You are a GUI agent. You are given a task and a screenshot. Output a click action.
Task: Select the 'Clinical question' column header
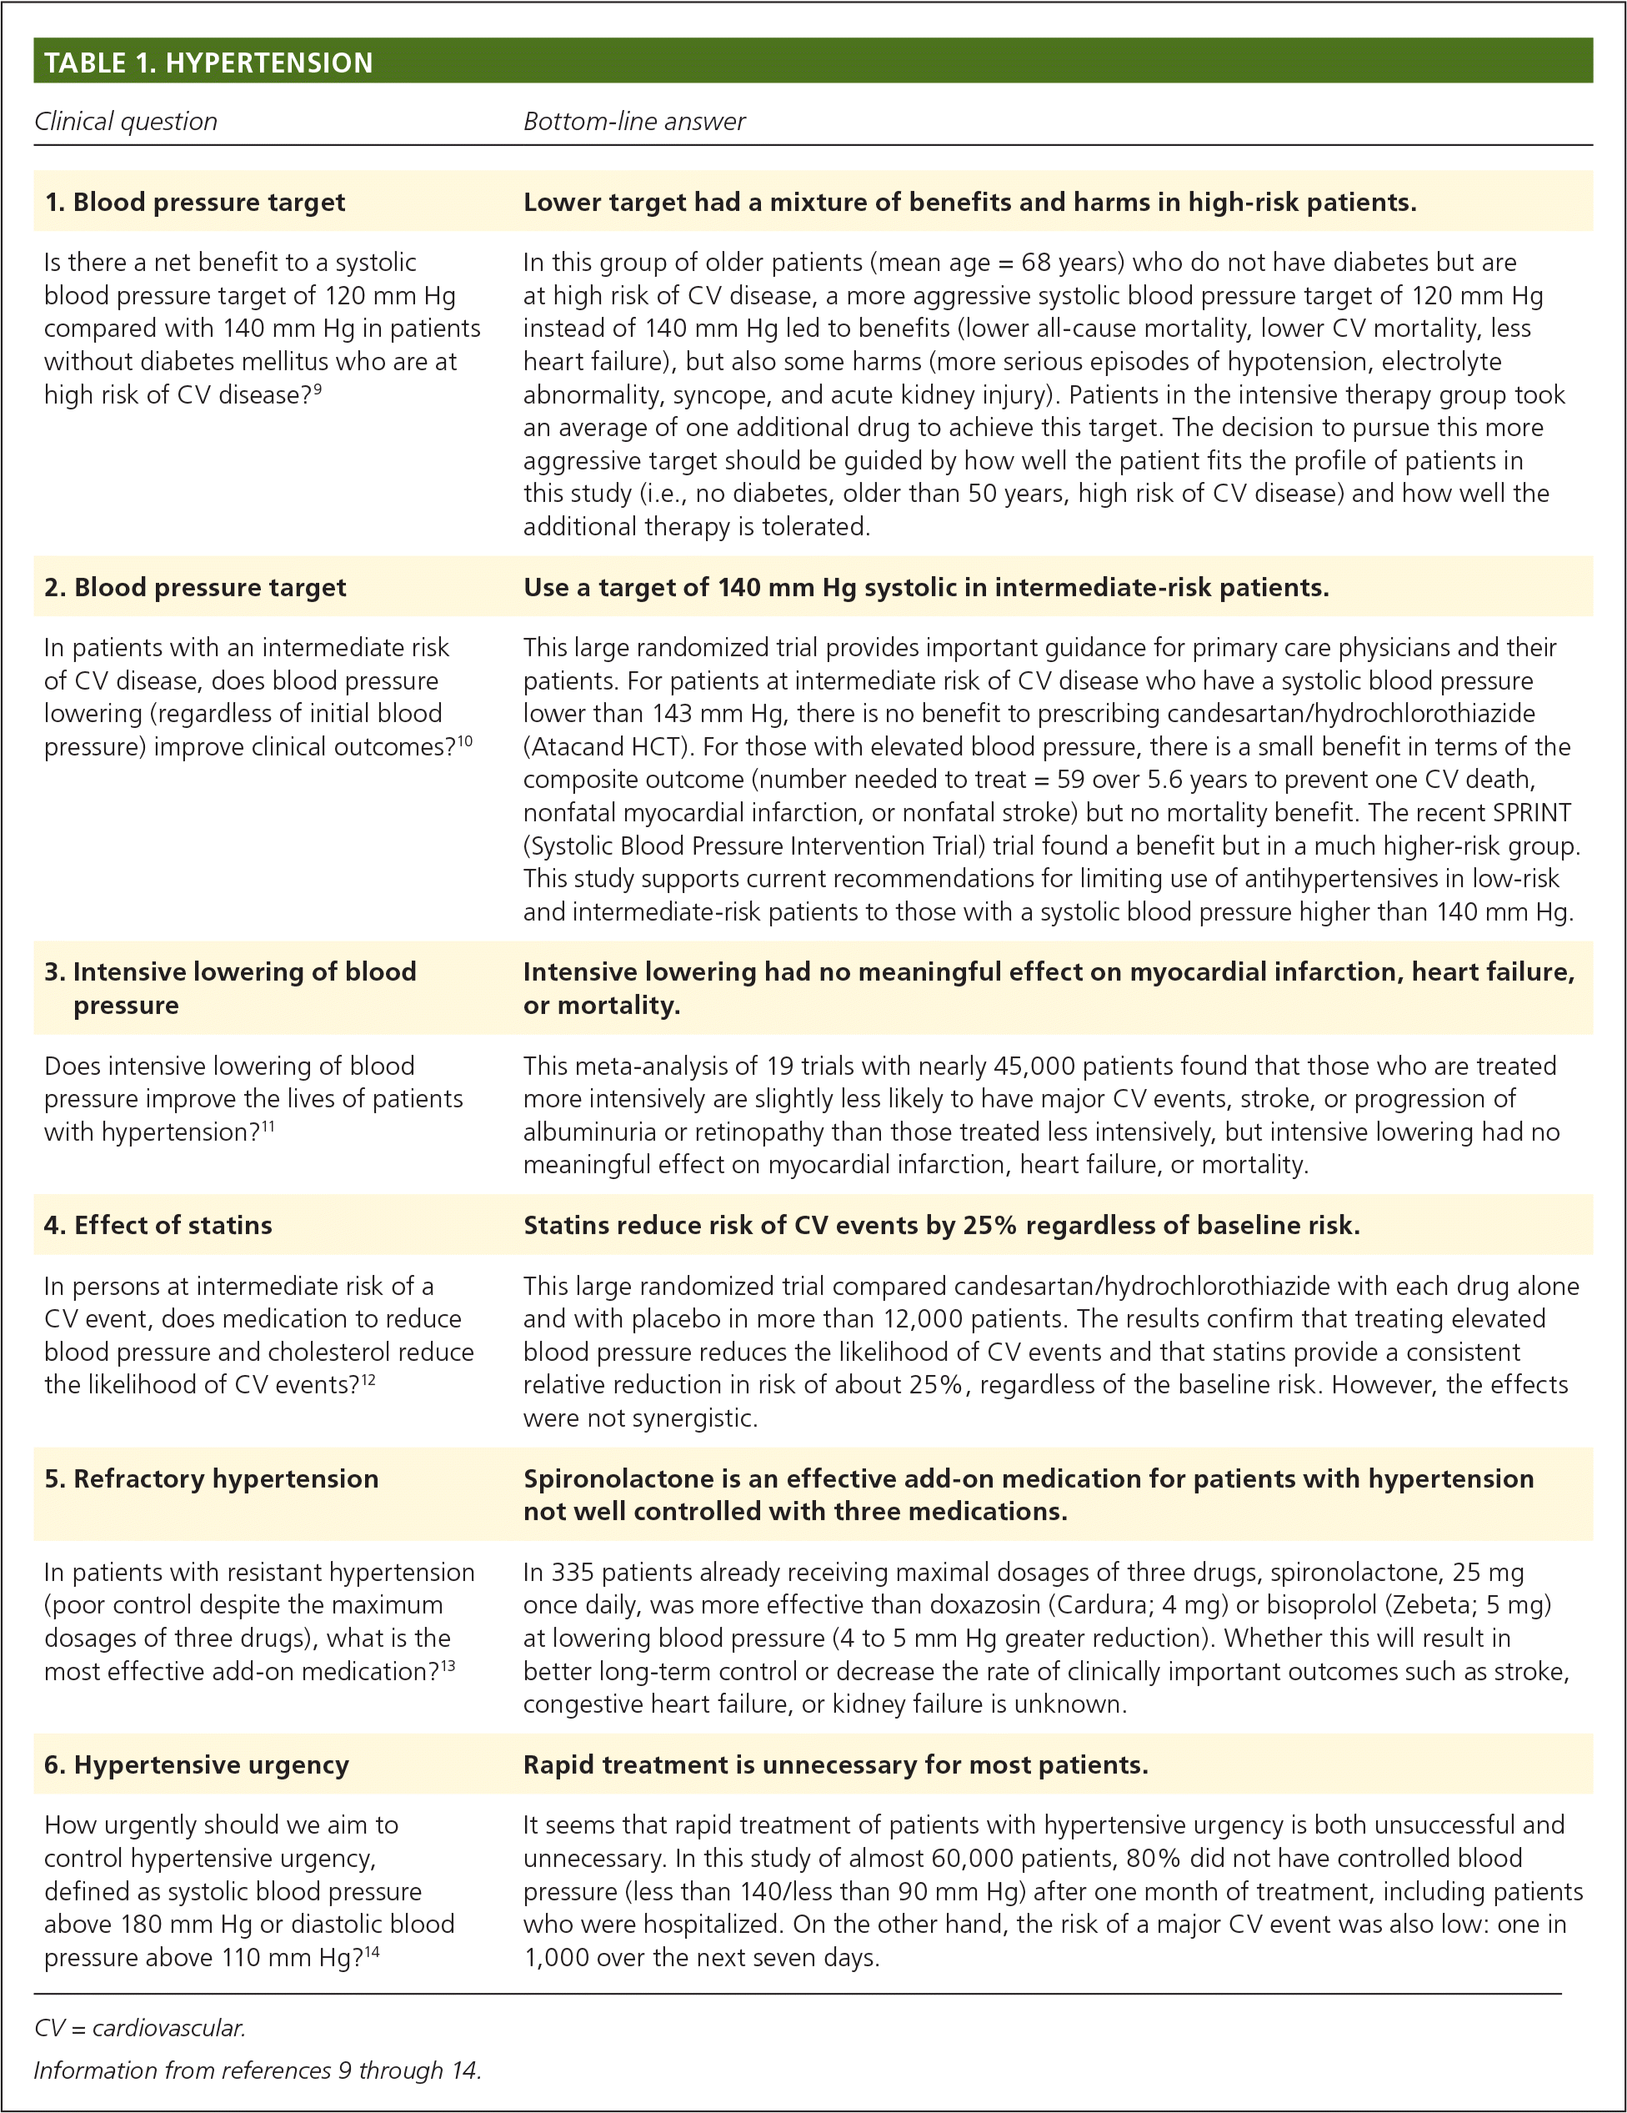(x=126, y=122)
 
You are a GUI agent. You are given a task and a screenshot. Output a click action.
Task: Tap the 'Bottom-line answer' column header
(x=633, y=122)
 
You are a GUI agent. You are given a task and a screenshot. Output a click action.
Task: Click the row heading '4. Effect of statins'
(x=158, y=1225)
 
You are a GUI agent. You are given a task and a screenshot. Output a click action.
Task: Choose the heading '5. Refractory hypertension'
(x=211, y=1478)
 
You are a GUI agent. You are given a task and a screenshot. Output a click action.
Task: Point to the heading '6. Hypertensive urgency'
(x=197, y=1764)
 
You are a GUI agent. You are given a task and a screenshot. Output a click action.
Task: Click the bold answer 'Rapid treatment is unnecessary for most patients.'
(x=835, y=1764)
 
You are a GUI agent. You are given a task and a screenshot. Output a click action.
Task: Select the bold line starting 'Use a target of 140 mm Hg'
(x=926, y=587)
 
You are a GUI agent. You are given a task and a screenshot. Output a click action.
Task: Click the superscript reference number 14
(x=372, y=1952)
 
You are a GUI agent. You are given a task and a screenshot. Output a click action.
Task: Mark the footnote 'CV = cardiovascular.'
(x=139, y=2028)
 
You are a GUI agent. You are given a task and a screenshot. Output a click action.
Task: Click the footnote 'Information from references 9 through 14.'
(x=258, y=2070)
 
